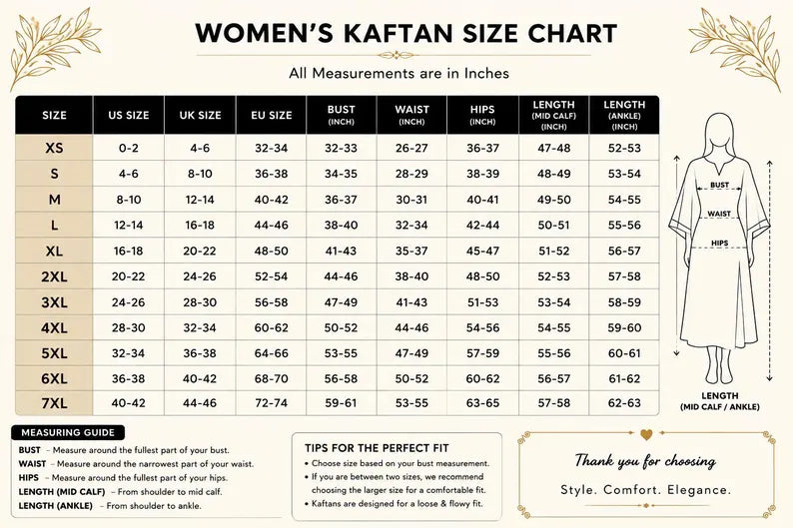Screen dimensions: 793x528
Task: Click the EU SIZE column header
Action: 271,115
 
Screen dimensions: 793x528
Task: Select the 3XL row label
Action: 54,302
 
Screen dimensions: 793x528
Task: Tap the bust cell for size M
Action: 341,200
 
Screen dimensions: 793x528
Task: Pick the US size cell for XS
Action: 129,148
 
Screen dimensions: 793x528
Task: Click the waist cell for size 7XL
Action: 411,403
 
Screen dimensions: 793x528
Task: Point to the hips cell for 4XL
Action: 482,328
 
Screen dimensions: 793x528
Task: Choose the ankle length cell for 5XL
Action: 624,353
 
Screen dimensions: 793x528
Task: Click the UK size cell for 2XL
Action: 200,276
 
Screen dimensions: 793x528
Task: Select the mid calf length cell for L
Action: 553,225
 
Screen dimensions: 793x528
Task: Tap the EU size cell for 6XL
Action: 271,378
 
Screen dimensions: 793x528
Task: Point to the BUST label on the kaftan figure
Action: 719,185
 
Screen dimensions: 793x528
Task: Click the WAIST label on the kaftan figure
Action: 719,214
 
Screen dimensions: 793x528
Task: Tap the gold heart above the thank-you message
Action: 646,434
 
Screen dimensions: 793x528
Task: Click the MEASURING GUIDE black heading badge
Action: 68,432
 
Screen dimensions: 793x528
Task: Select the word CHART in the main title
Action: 572,33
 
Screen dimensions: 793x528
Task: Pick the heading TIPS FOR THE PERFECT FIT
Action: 377,448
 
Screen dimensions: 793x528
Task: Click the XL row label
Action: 54,252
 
